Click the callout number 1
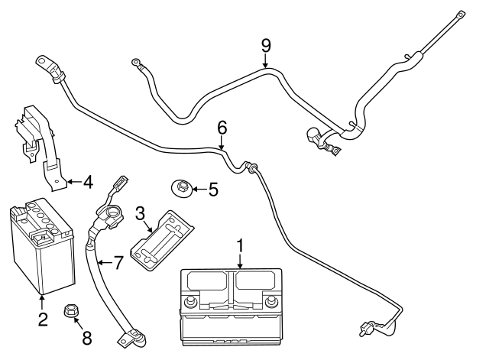click(240, 246)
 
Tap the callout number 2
click(43, 319)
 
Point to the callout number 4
click(89, 183)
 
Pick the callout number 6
click(222, 127)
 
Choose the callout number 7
click(118, 264)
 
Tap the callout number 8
click(86, 337)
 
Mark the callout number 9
click(265, 45)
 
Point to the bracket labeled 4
click(38, 145)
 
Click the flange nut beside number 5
click(180, 187)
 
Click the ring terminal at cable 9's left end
click(137, 63)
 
